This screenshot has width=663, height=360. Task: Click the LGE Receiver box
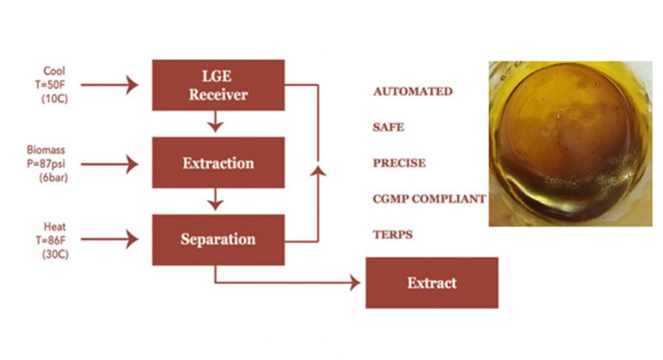(219, 85)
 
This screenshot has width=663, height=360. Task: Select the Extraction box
(219, 163)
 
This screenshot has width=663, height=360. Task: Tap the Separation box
(219, 240)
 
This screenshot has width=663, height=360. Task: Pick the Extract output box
(431, 283)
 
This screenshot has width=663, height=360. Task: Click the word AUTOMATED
(412, 92)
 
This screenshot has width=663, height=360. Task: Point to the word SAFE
(388, 127)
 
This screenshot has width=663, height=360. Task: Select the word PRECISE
(399, 163)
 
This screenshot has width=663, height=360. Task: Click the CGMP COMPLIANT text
(429, 199)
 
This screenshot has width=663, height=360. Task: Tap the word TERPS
(392, 235)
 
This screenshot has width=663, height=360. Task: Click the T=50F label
(55, 84)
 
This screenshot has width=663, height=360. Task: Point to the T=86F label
(54, 240)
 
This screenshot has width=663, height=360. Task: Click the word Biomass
(46, 150)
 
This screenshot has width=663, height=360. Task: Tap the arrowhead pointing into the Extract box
(354, 283)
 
